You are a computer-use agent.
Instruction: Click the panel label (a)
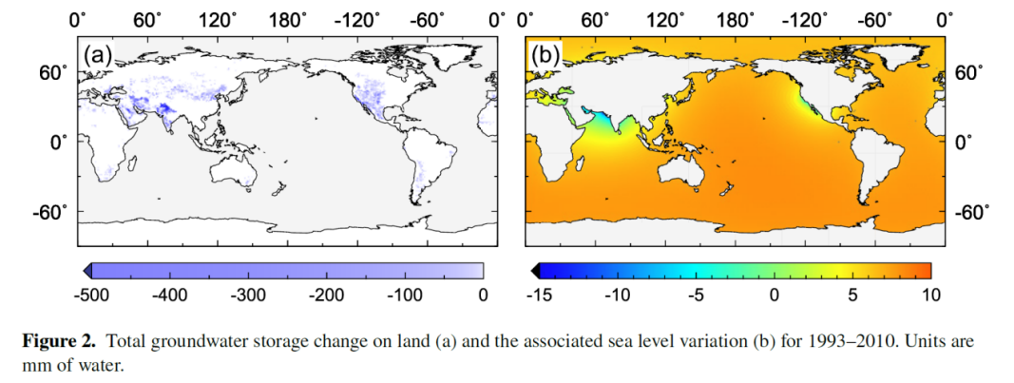click(99, 55)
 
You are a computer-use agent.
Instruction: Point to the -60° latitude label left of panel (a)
click(52, 211)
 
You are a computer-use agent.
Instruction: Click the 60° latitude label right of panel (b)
click(969, 72)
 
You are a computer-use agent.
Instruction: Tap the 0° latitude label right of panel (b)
click(962, 142)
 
